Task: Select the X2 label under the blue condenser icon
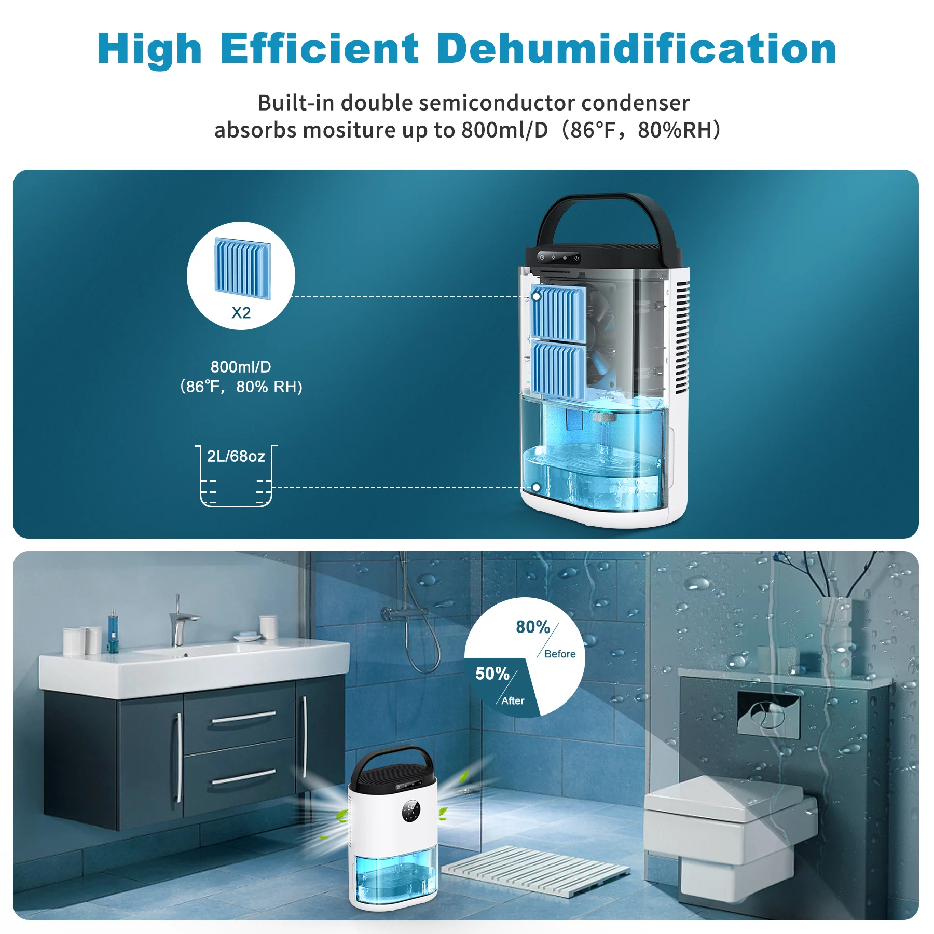click(x=241, y=313)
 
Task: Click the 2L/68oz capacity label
click(x=236, y=456)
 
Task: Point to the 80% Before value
click(x=533, y=627)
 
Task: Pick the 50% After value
click(x=492, y=674)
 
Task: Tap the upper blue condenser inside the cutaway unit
click(x=558, y=312)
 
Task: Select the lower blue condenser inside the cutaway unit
click(x=558, y=369)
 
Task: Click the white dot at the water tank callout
click(x=536, y=488)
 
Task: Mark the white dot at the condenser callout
click(x=536, y=297)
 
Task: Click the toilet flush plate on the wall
click(x=768, y=714)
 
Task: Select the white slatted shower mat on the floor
click(x=535, y=870)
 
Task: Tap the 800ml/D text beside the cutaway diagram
click(x=241, y=367)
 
